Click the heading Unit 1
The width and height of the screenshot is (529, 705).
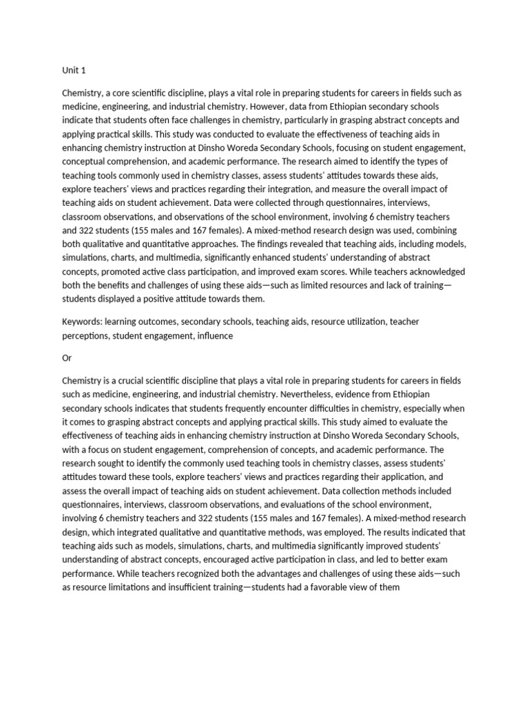pyautogui.click(x=74, y=70)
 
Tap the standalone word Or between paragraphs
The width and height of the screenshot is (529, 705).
pyautogui.click(x=67, y=358)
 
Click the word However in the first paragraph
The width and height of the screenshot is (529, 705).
pyautogui.click(x=269, y=107)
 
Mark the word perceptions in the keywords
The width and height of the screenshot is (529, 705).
pyautogui.click(x=85, y=335)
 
